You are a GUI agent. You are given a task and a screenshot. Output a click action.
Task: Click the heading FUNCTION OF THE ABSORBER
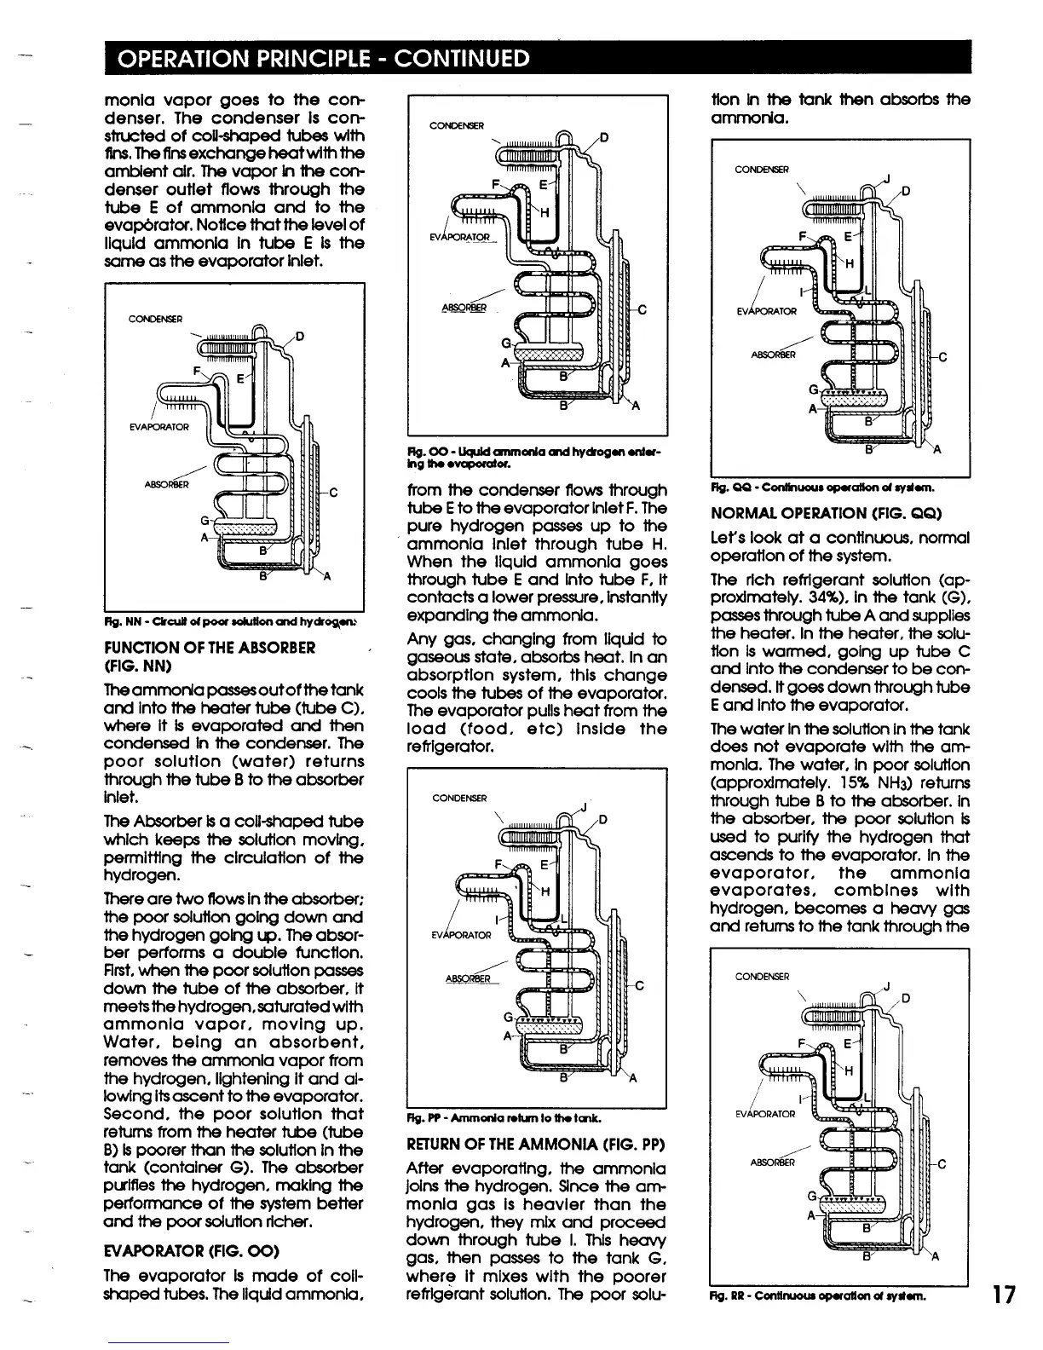pyautogui.click(x=210, y=648)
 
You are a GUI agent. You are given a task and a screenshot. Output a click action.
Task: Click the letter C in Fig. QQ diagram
pyautogui.click(x=942, y=358)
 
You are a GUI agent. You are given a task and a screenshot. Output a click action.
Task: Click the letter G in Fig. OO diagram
pyautogui.click(x=505, y=343)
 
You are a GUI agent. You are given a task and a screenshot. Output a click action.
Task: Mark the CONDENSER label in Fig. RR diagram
pyautogui.click(x=762, y=976)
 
